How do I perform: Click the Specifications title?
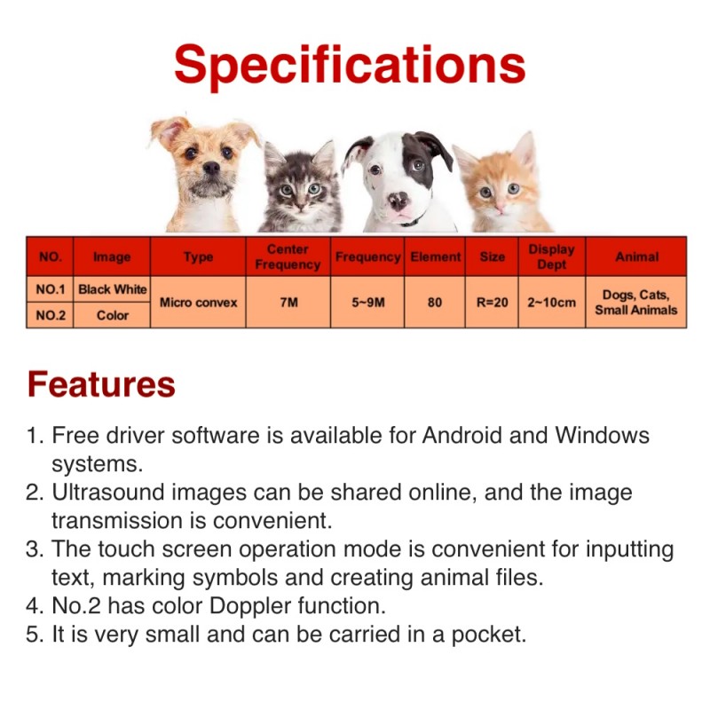pyautogui.click(x=350, y=65)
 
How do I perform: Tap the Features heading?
pyautogui.click(x=101, y=384)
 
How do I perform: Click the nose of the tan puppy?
pyautogui.click(x=211, y=168)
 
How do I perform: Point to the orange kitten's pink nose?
pyautogui.click(x=500, y=207)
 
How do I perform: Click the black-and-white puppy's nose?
pyautogui.click(x=398, y=201)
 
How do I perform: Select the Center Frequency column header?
pyautogui.click(x=288, y=256)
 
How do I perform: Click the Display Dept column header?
pyautogui.click(x=551, y=256)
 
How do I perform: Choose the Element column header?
pyautogui.click(x=435, y=256)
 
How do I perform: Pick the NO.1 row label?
pyautogui.click(x=51, y=289)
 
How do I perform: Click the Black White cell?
pyautogui.click(x=113, y=289)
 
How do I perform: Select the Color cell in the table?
pyautogui.click(x=113, y=315)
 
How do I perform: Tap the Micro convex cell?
pyautogui.click(x=198, y=303)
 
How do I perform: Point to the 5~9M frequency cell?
pyautogui.click(x=368, y=302)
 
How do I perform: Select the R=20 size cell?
pyautogui.click(x=493, y=302)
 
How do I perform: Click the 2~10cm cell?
pyautogui.click(x=551, y=302)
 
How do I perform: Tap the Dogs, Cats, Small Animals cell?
pyautogui.click(x=636, y=302)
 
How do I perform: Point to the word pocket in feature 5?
pyautogui.click(x=489, y=635)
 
